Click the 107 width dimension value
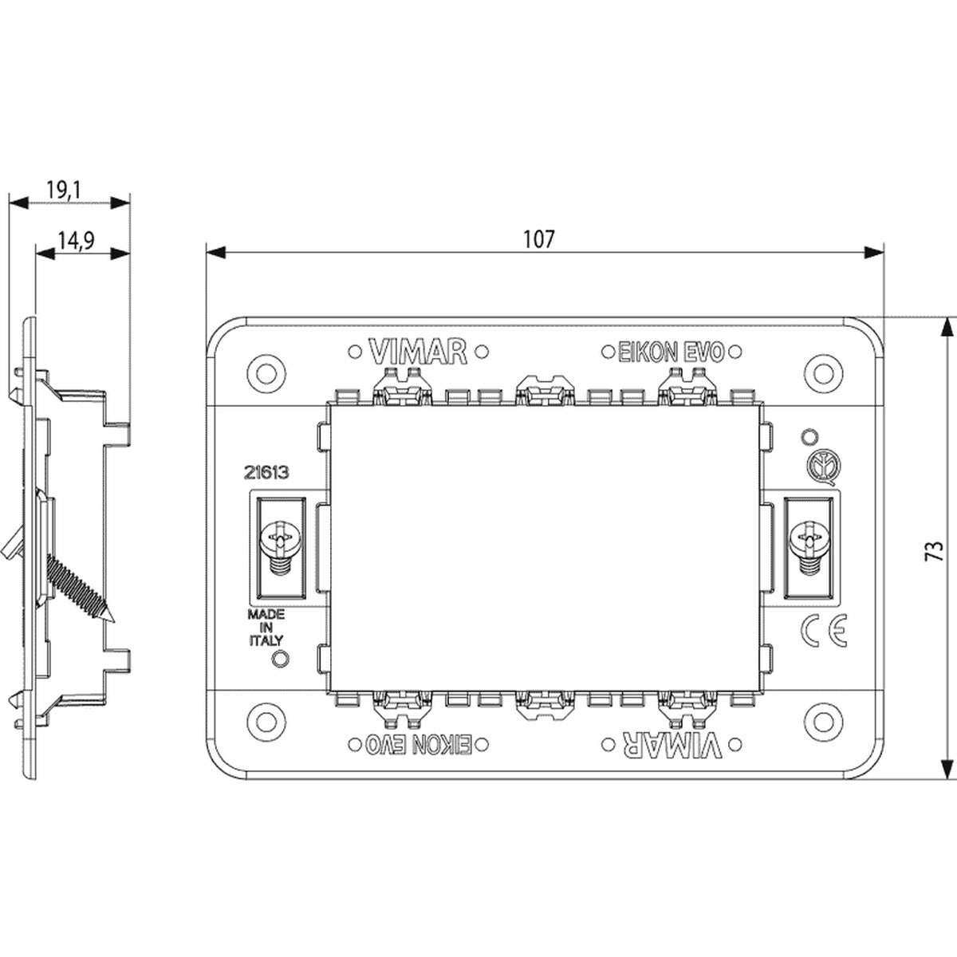point(539,239)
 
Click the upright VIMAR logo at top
point(417,352)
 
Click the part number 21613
point(266,473)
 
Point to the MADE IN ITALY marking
point(266,628)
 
